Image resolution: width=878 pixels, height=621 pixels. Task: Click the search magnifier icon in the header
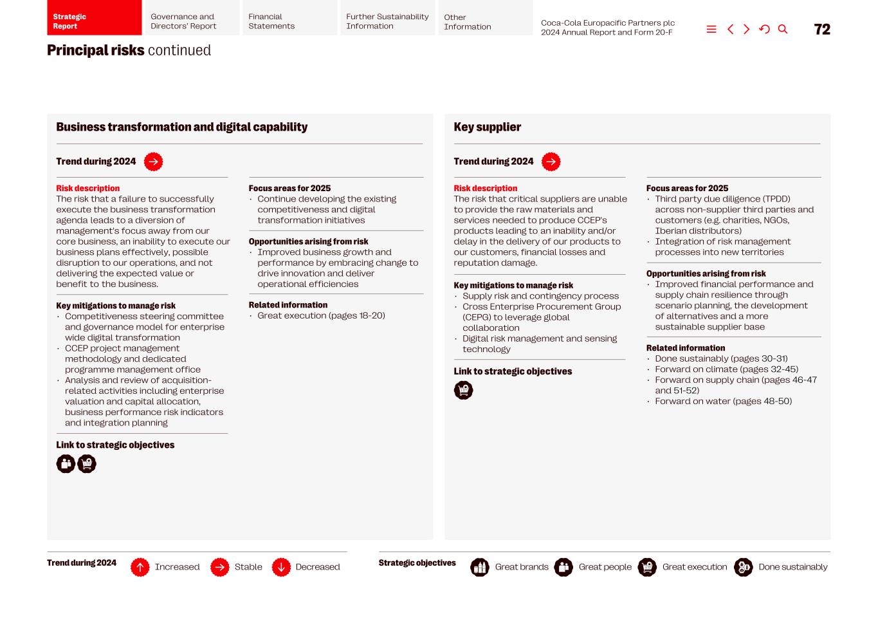point(783,30)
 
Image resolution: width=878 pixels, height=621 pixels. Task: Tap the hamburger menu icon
point(711,30)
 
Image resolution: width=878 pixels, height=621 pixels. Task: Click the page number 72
point(822,30)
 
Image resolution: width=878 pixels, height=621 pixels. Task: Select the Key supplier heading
point(488,127)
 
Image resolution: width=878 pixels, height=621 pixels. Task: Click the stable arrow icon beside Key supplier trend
point(551,162)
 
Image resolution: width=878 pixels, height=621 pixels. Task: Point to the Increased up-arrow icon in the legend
point(140,568)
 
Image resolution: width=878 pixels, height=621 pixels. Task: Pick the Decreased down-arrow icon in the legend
point(281,568)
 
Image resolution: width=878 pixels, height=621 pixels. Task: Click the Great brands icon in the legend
point(480,568)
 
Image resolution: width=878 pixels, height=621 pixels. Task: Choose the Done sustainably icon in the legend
point(744,568)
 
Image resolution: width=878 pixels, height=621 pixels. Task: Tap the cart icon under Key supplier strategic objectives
point(463,391)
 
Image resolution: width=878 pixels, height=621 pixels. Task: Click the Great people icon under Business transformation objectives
point(66,464)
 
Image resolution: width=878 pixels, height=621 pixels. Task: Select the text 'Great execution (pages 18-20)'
point(321,316)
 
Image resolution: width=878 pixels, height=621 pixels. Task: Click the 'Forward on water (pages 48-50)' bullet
point(723,402)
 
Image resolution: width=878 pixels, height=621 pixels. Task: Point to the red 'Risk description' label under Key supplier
point(486,189)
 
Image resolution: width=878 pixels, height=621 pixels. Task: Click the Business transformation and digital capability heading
point(181,127)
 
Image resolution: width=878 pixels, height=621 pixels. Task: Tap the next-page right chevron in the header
point(747,30)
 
